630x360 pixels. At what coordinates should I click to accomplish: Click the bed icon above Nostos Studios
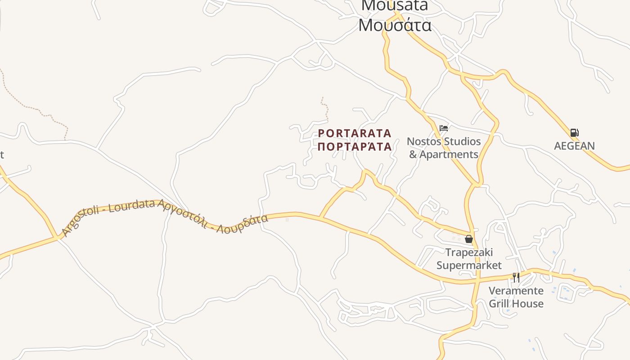coord(444,128)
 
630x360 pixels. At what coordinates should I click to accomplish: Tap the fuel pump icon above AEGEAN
coord(574,133)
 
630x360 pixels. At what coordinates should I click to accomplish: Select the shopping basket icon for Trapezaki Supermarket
coord(469,239)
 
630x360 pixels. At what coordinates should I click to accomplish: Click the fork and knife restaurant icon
coord(516,277)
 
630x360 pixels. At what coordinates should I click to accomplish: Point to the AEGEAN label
coord(574,146)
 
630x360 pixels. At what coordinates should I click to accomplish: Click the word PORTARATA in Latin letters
coord(355,134)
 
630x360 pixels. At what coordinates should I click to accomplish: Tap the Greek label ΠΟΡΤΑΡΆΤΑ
coord(355,147)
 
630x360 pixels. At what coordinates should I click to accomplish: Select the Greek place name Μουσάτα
coord(395,25)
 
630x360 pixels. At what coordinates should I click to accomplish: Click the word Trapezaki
coord(469,252)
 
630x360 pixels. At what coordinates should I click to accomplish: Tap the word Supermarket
coord(469,265)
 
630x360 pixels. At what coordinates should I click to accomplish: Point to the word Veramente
coord(516,291)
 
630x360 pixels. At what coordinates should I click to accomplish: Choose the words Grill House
coord(516,304)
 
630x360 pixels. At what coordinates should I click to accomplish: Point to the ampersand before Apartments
coord(413,155)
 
